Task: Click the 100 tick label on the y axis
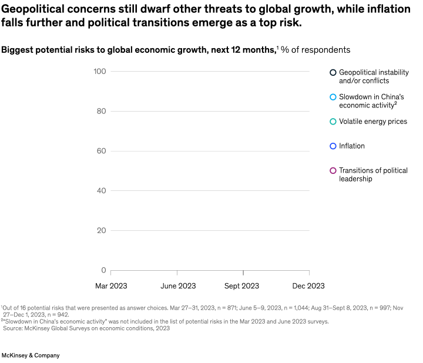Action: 99,72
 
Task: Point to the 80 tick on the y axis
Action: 101,112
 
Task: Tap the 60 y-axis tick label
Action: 101,151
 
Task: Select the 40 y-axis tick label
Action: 101,191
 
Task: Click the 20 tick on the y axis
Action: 101,231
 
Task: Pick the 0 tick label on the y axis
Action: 103,271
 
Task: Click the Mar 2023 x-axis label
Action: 111,286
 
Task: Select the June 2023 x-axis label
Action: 178,286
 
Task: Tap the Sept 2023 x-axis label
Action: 241,286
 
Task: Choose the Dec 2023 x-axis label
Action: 308,286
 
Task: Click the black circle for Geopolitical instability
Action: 333,72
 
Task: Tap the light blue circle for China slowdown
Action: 333,97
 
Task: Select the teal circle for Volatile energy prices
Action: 333,122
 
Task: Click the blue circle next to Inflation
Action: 333,146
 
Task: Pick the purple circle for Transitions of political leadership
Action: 333,171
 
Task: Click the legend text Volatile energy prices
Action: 373,122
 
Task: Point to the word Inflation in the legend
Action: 352,146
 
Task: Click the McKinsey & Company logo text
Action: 31,355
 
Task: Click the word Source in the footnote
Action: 14,328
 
